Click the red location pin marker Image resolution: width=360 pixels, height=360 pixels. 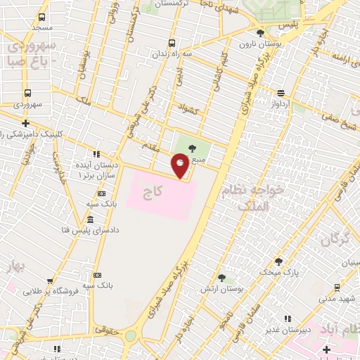coord(180,166)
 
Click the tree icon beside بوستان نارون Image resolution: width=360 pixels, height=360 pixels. coord(261,32)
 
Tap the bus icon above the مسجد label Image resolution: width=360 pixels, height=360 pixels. coord(42,17)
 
